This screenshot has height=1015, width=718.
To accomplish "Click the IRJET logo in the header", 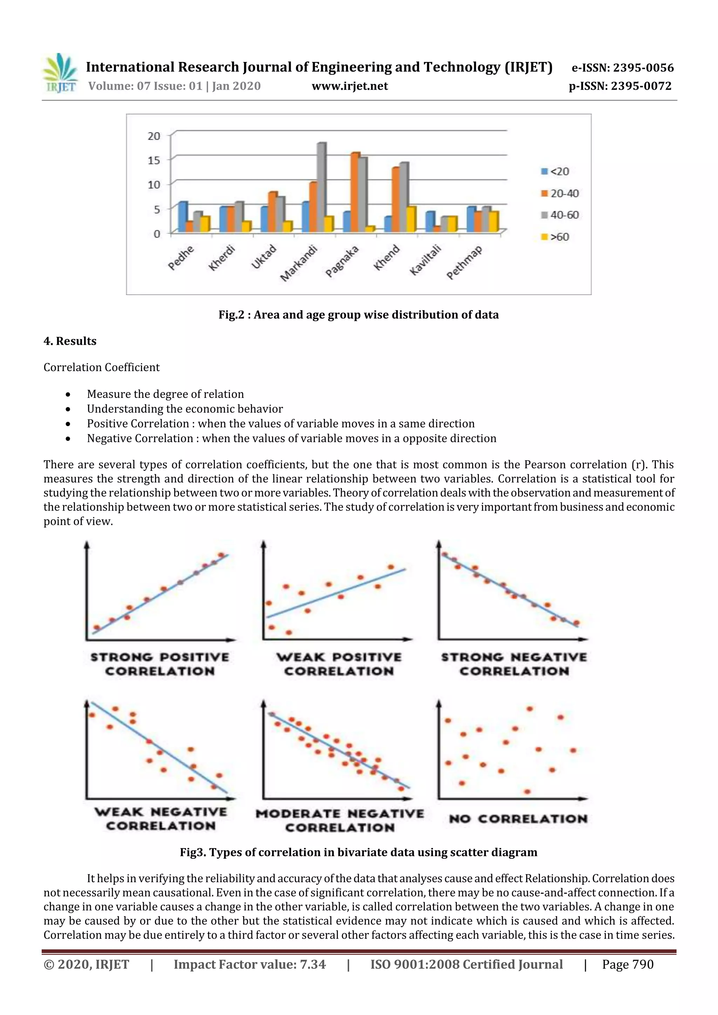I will pos(60,73).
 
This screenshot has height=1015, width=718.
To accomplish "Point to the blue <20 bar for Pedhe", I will pos(182,217).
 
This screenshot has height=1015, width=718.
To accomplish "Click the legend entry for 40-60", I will pos(560,215).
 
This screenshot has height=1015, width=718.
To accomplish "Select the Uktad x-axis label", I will pos(264,257).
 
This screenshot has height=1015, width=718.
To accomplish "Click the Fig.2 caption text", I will pos(358,315).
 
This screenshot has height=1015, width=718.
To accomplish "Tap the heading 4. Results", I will pos(70,341).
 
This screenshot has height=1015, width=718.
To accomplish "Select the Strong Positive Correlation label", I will pos(160,664).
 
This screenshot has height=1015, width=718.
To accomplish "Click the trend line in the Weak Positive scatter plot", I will pos(336,592).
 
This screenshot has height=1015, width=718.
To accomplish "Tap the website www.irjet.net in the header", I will pos(350,86).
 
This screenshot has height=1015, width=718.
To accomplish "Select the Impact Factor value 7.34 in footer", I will pos(250,964).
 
